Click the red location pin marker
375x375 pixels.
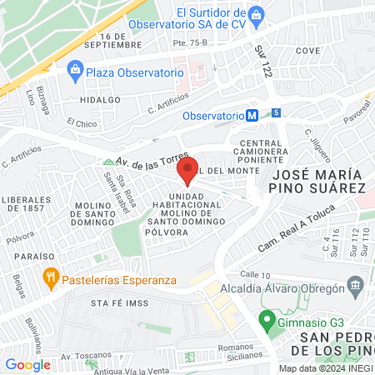(x=187, y=169)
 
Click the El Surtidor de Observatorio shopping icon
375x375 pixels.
(x=257, y=14)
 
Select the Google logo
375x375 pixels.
(x=27, y=364)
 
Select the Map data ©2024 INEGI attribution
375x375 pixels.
(x=326, y=368)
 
